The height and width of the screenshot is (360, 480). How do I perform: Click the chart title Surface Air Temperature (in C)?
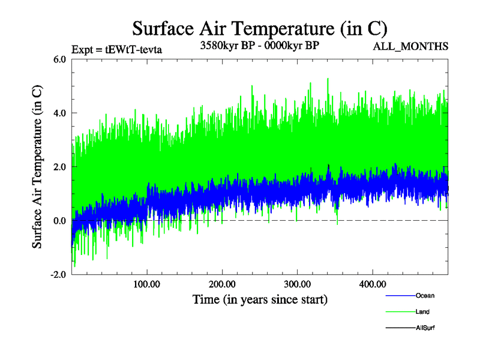point(260,28)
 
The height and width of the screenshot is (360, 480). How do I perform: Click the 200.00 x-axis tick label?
point(222,283)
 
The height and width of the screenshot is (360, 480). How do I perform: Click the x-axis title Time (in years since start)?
point(260,298)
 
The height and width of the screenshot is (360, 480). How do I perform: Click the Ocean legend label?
point(425,296)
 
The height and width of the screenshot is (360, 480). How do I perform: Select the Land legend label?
point(422,312)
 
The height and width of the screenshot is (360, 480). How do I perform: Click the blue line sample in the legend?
point(400,296)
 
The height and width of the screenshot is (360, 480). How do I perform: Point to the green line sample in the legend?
point(400,312)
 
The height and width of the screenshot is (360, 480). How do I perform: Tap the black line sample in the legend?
point(400,328)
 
